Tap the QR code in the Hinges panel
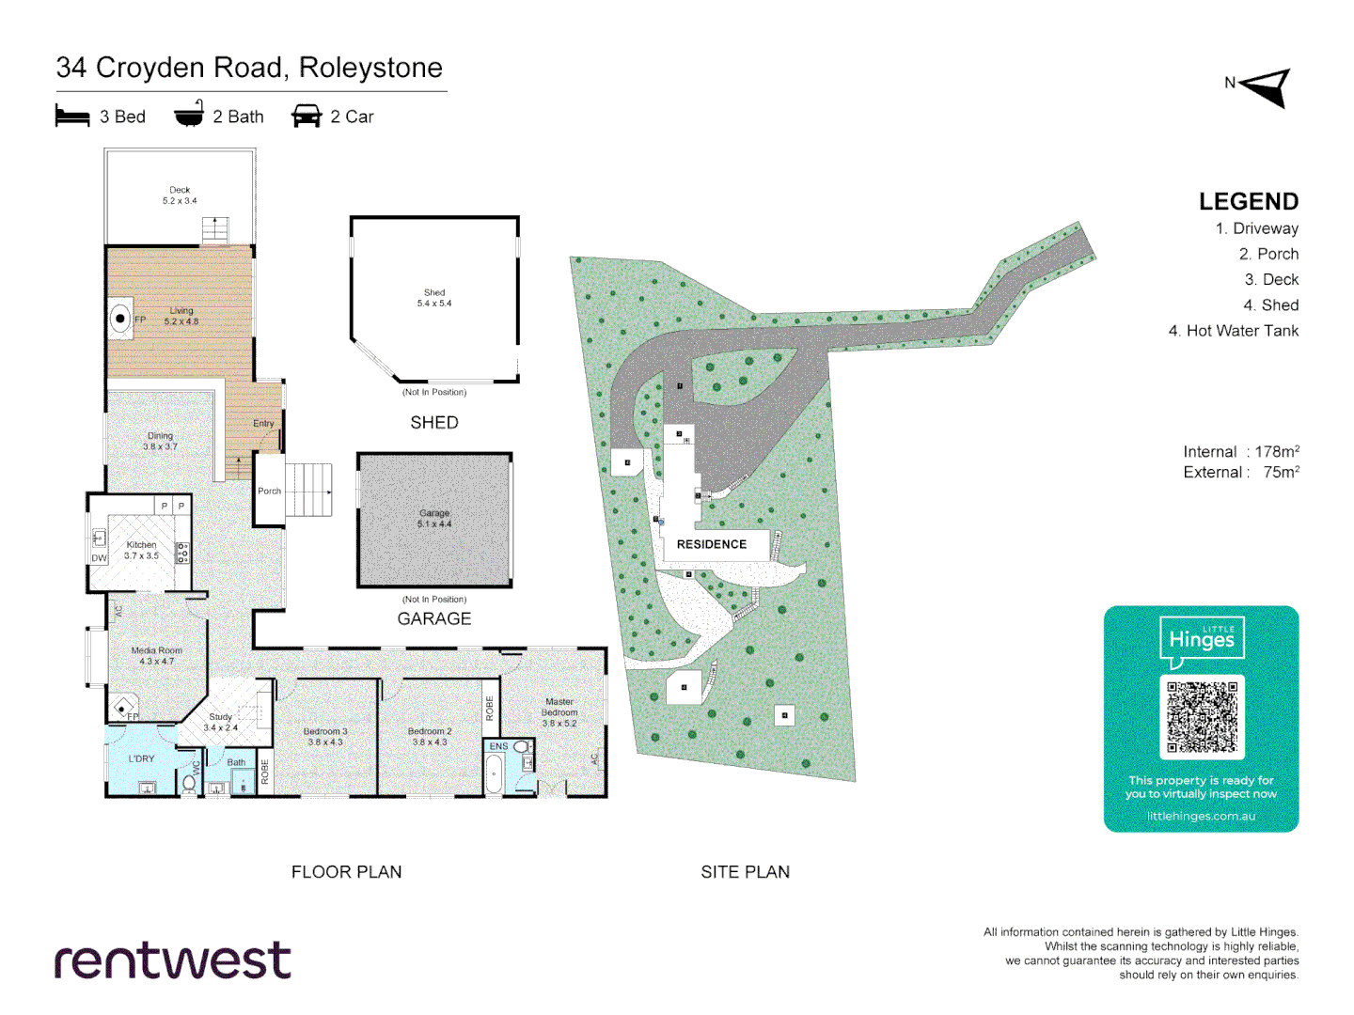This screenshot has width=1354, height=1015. pos(1202,716)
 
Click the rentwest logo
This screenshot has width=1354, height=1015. pos(172,960)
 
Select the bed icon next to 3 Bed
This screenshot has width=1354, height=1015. pos(72,117)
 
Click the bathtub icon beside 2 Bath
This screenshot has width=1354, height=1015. pos(189,115)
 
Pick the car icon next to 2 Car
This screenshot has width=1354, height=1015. pos(307,117)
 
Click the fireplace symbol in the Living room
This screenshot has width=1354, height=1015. pos(120,319)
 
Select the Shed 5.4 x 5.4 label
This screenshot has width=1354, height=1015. pos(434,298)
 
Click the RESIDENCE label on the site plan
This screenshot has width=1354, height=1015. pos(712,544)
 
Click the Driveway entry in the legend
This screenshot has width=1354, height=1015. pos(1256,228)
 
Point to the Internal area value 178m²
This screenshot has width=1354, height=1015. pos(1277,452)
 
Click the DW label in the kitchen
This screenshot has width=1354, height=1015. pos(100,558)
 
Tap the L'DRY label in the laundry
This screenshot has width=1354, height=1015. pos(142,758)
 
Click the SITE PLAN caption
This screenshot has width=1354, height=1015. pos(745,872)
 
